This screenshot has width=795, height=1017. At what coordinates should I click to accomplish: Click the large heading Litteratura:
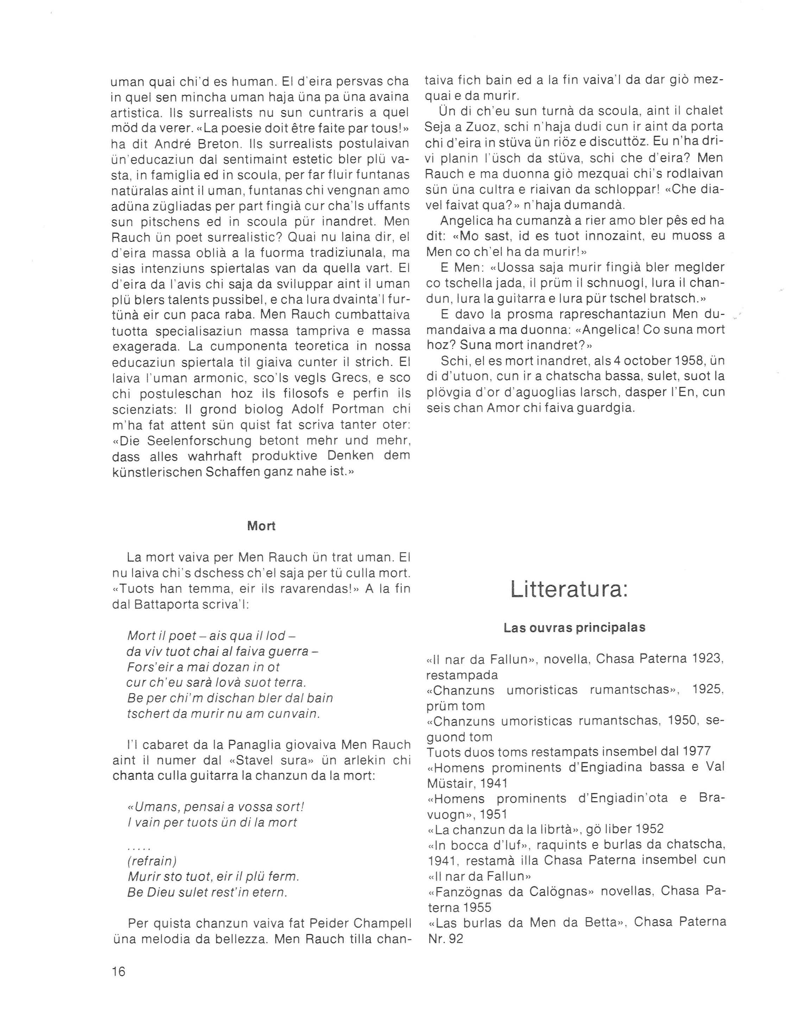(x=569, y=589)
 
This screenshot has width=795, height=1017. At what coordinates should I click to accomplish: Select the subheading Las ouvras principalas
(x=574, y=628)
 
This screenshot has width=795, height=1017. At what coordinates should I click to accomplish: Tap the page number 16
(x=119, y=972)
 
